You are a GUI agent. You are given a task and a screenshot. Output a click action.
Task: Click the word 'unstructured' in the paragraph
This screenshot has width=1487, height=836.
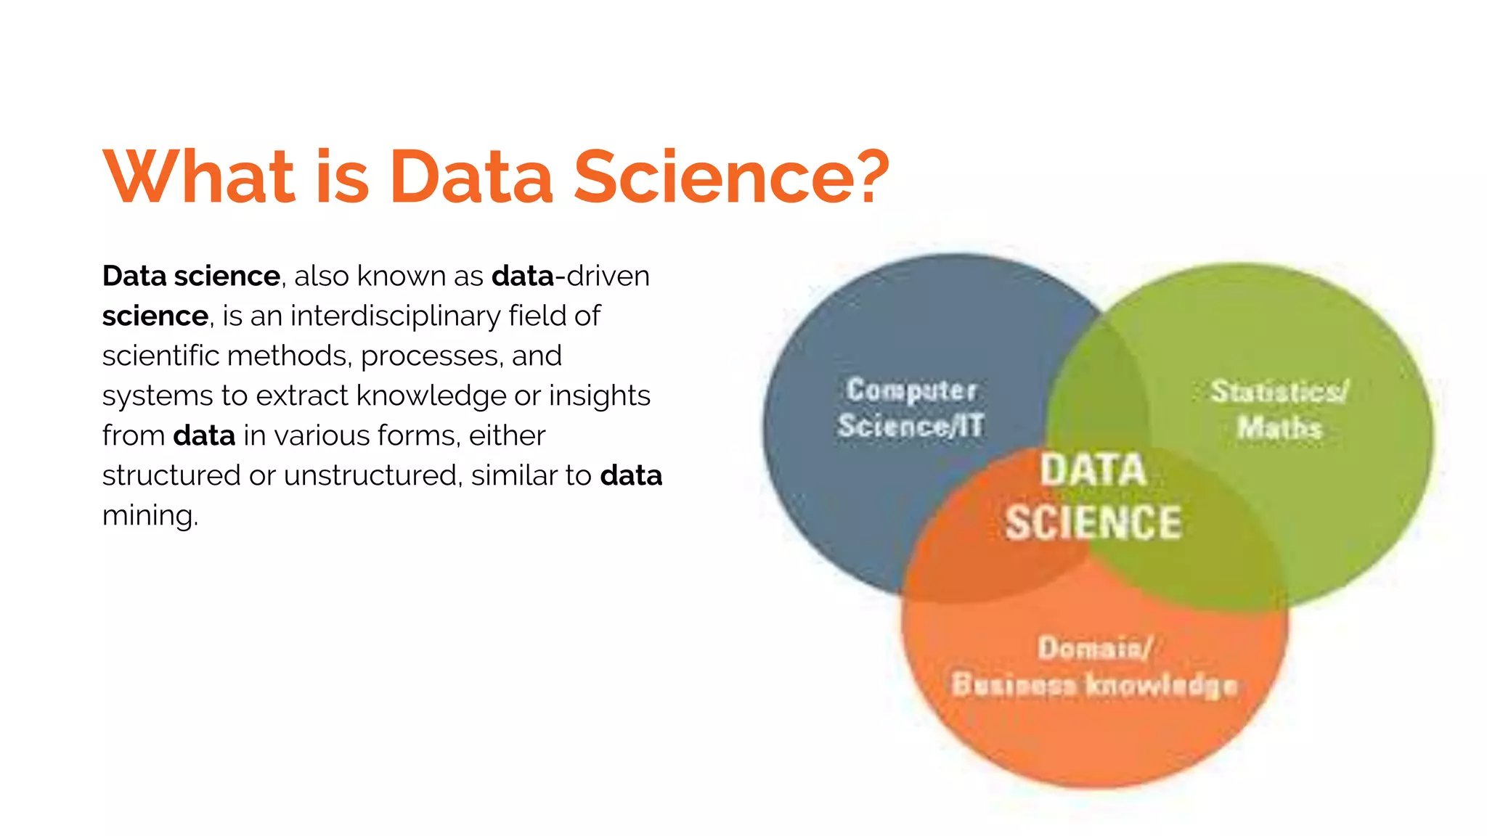372,475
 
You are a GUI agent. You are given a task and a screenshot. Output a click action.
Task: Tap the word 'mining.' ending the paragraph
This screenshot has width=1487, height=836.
150,515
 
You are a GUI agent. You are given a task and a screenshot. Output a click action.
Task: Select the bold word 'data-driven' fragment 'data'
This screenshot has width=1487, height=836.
523,276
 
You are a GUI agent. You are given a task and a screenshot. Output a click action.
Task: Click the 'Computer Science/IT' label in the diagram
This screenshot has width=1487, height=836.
910,408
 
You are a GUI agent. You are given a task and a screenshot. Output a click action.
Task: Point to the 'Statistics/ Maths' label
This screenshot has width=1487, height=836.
1279,409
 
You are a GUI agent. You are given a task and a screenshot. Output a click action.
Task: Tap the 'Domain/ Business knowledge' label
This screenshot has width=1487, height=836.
1094,666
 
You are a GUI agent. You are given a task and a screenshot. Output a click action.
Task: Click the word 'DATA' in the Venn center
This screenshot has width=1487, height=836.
1093,470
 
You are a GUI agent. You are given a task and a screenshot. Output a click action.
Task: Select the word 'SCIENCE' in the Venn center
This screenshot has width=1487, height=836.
1093,522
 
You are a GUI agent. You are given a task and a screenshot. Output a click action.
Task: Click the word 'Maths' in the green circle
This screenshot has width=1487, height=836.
1279,427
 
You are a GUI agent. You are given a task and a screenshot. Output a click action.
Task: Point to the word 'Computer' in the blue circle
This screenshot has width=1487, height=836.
911,390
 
